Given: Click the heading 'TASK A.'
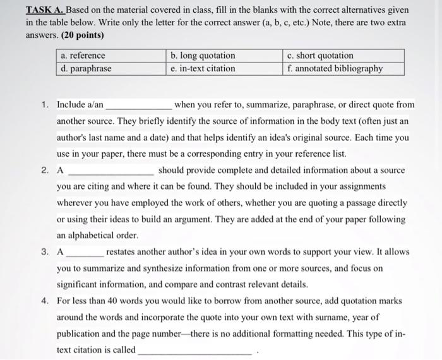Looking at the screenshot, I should point(45,11).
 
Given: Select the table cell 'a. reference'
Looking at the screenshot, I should point(111,56).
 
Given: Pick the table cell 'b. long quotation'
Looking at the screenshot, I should point(224,56).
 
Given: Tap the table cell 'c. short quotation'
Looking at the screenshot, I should point(343,56).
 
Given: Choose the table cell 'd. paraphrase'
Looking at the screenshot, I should point(111,68).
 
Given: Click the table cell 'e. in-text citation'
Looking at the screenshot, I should point(224,68).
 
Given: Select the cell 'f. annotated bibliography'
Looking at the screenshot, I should point(343,68).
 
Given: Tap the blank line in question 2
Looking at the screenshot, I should point(110,172).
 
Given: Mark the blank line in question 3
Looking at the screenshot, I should point(85,253).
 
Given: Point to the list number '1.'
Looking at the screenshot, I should point(45,104).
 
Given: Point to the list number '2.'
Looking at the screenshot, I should point(45,170).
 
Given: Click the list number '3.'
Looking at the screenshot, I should point(45,251).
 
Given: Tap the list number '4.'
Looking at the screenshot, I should point(45,301).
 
